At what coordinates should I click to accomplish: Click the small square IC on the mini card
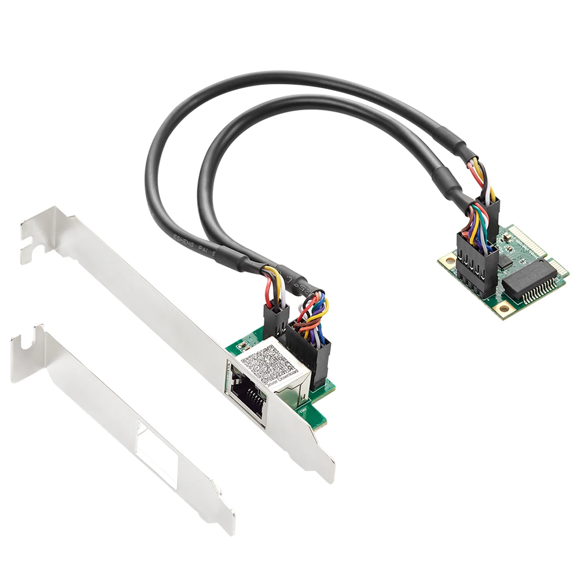[506, 261]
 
